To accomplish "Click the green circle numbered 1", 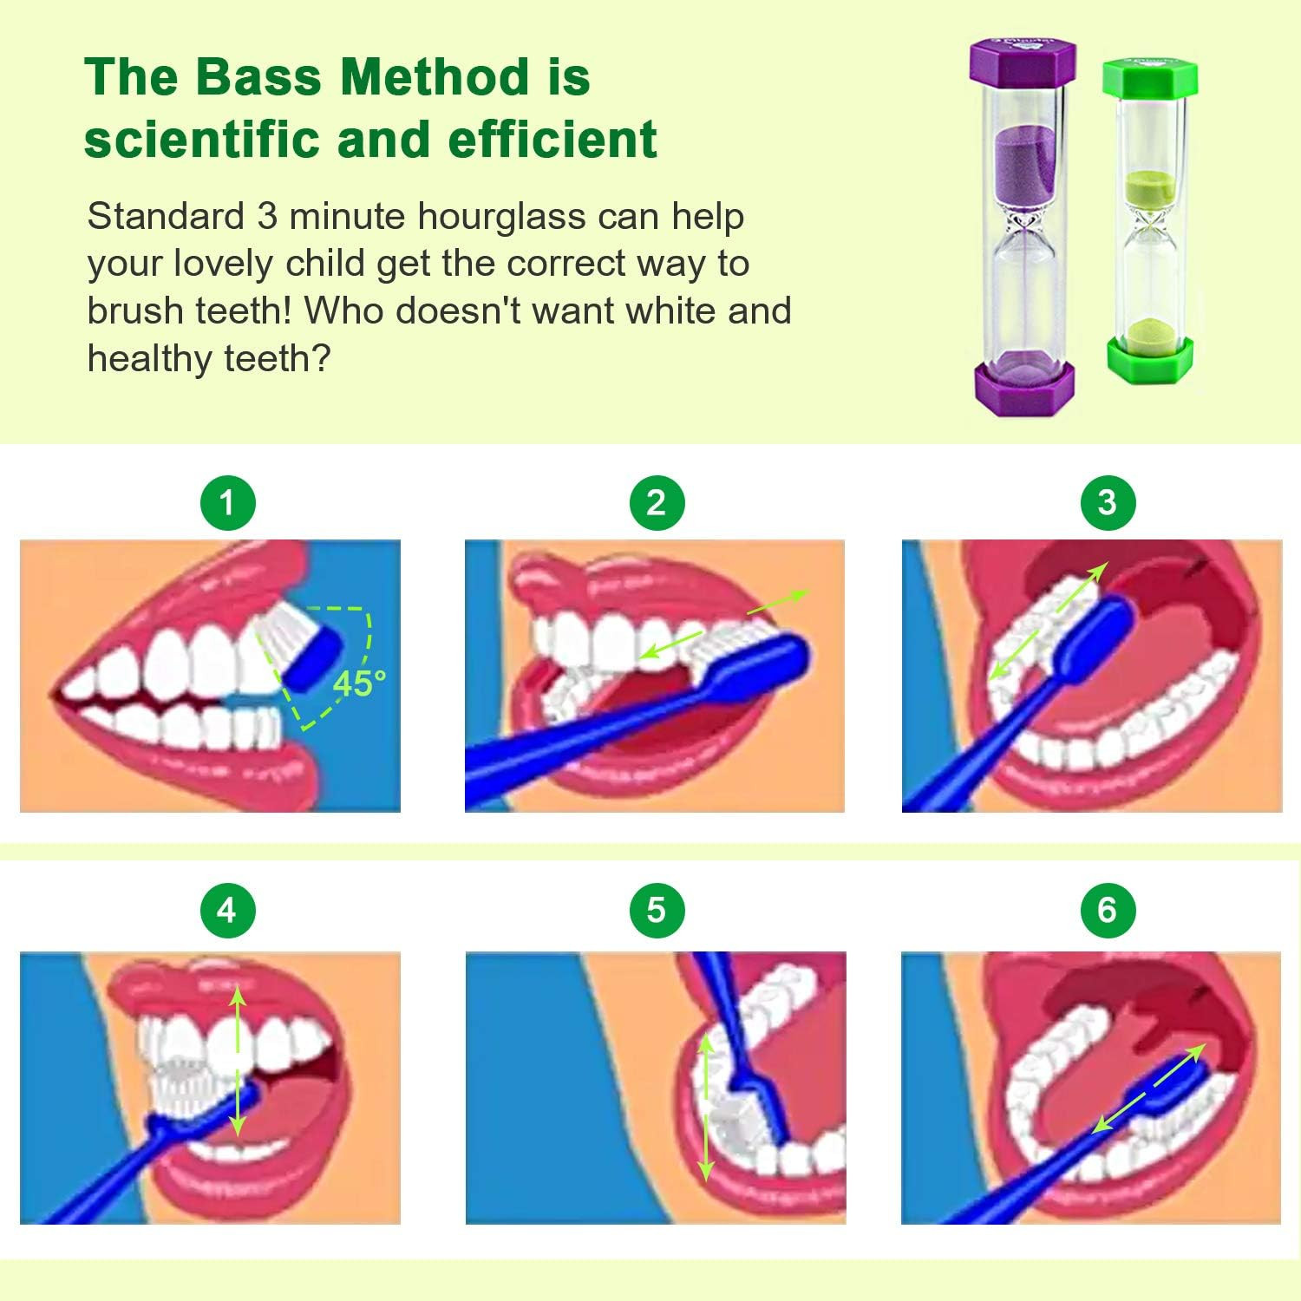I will [227, 502].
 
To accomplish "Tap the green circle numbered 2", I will [657, 502].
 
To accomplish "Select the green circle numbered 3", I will [1107, 502].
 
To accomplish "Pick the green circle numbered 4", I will [227, 910].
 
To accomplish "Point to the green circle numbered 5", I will [657, 910].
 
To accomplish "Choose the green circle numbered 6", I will [1107, 910].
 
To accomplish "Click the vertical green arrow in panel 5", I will [707, 1108].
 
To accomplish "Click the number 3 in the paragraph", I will [267, 216].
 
